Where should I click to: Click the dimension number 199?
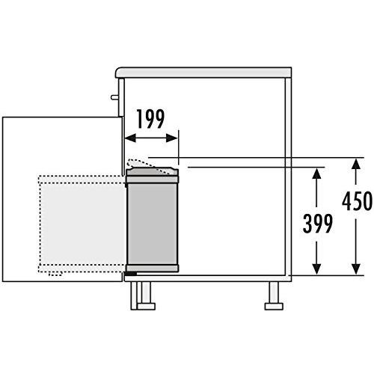pyautogui.click(x=150, y=119)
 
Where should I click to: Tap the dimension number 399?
pyautogui.click(x=317, y=223)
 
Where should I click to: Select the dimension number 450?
pyautogui.click(x=357, y=201)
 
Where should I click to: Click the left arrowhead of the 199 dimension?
pyautogui.click(x=130, y=138)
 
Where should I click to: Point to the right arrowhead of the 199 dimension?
pyautogui.click(x=172, y=138)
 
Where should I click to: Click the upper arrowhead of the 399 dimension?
pyautogui.click(x=316, y=173)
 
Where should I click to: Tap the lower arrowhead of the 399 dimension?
pyautogui.click(x=316, y=269)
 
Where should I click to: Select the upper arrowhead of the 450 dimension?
pyautogui.click(x=356, y=164)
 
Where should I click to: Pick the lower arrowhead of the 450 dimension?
pyautogui.click(x=356, y=269)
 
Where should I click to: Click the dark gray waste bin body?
pyautogui.click(x=153, y=224)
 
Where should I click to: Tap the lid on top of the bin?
pyautogui.click(x=153, y=175)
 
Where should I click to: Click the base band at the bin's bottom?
pyautogui.click(x=153, y=268)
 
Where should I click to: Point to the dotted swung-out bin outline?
pyautogui.click(x=82, y=224)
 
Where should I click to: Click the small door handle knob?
pyautogui.click(x=115, y=97)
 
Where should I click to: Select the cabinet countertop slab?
pyautogui.click(x=203, y=73)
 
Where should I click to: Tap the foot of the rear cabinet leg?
pyautogui.click(x=274, y=307)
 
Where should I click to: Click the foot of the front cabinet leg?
pyautogui.click(x=147, y=307)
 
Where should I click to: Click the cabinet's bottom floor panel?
pyautogui.click(x=208, y=278)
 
